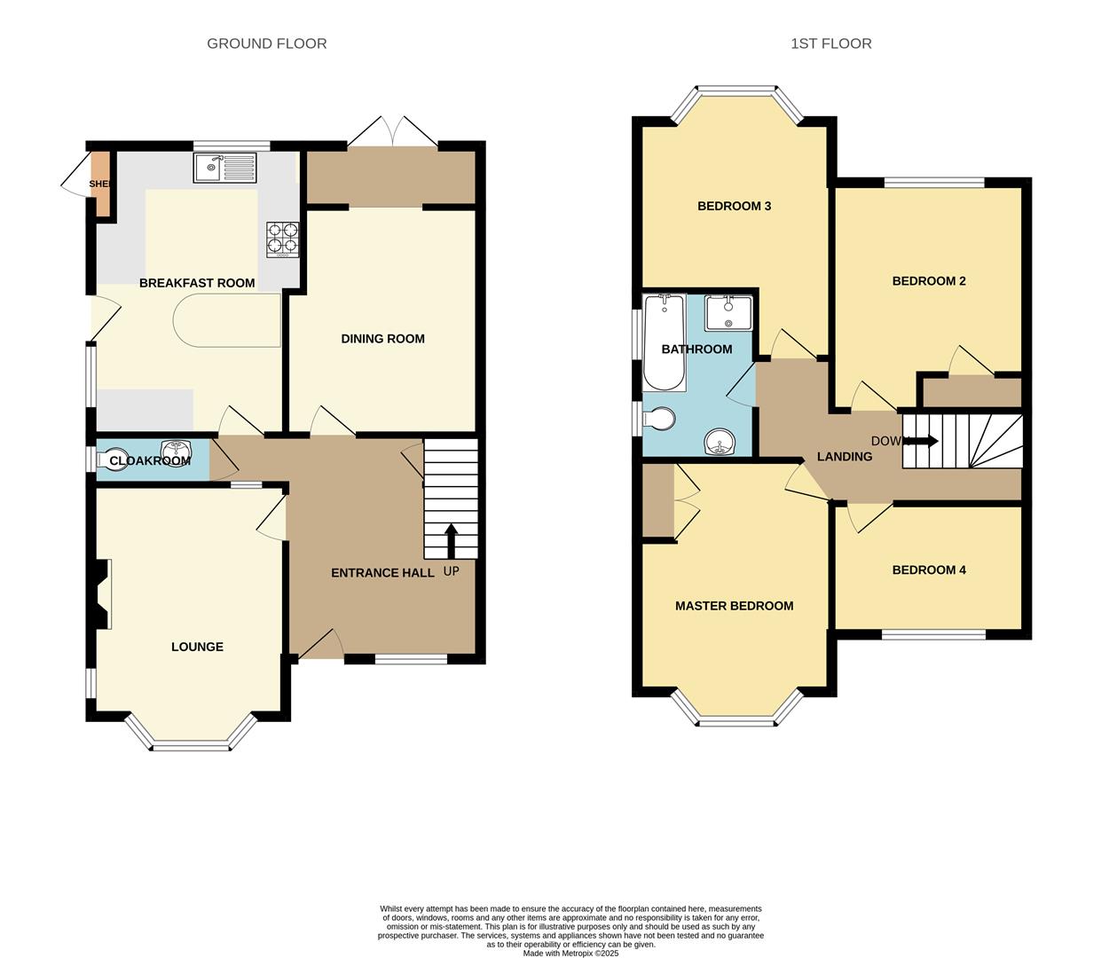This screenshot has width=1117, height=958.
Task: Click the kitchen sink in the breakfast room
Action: (x=224, y=168)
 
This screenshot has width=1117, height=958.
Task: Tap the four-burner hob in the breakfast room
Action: (x=283, y=238)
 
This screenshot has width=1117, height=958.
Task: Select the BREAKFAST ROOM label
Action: (x=197, y=283)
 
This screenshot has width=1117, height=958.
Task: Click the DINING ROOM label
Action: (x=382, y=338)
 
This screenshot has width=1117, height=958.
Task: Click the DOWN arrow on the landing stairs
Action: (x=923, y=441)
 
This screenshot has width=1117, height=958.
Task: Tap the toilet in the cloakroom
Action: (x=114, y=459)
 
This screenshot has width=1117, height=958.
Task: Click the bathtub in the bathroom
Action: (x=664, y=342)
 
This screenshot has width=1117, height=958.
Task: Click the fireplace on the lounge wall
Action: (x=100, y=594)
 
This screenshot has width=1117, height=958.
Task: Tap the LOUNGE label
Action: (x=197, y=647)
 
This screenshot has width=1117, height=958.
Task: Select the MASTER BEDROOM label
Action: (x=734, y=606)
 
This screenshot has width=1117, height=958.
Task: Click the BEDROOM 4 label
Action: (x=929, y=569)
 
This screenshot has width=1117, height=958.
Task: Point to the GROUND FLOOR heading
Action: (x=266, y=43)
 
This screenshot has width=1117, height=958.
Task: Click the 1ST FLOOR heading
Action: (x=830, y=43)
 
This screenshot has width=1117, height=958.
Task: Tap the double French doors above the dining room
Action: (x=392, y=133)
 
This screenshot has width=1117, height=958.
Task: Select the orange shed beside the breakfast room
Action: (x=101, y=184)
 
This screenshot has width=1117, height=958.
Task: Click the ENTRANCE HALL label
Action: (x=382, y=573)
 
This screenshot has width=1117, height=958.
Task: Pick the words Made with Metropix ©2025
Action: (x=570, y=954)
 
